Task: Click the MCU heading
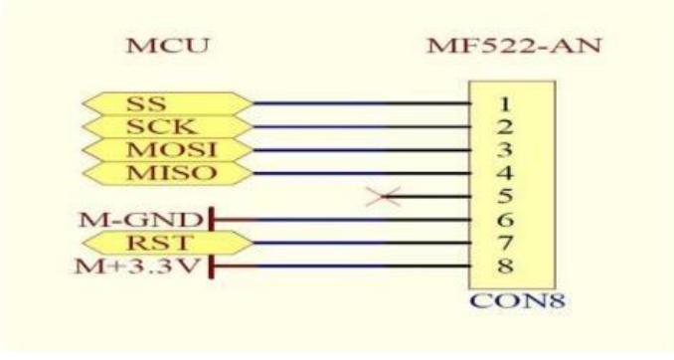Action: pyautogui.click(x=163, y=47)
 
